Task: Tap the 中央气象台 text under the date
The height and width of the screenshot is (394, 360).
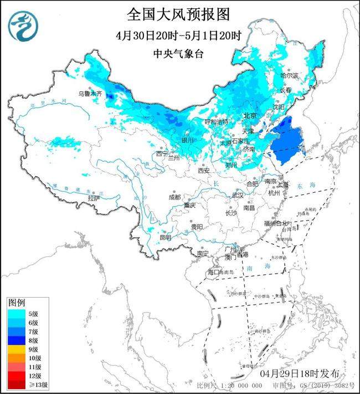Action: click(179, 54)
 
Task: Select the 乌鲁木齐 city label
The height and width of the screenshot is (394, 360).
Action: click(90, 95)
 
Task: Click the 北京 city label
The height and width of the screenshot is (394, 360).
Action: click(250, 116)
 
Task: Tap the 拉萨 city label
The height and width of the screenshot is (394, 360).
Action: click(94, 198)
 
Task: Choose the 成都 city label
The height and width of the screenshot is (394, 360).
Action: click(176, 197)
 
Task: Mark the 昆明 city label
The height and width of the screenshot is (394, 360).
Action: click(165, 238)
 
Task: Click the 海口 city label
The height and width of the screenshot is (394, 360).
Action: click(214, 272)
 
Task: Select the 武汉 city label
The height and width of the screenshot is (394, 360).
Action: click(238, 195)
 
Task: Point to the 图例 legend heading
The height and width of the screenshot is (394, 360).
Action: click(16, 303)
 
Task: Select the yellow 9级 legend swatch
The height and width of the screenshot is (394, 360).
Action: click(16, 349)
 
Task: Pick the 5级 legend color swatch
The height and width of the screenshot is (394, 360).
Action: click(16, 313)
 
